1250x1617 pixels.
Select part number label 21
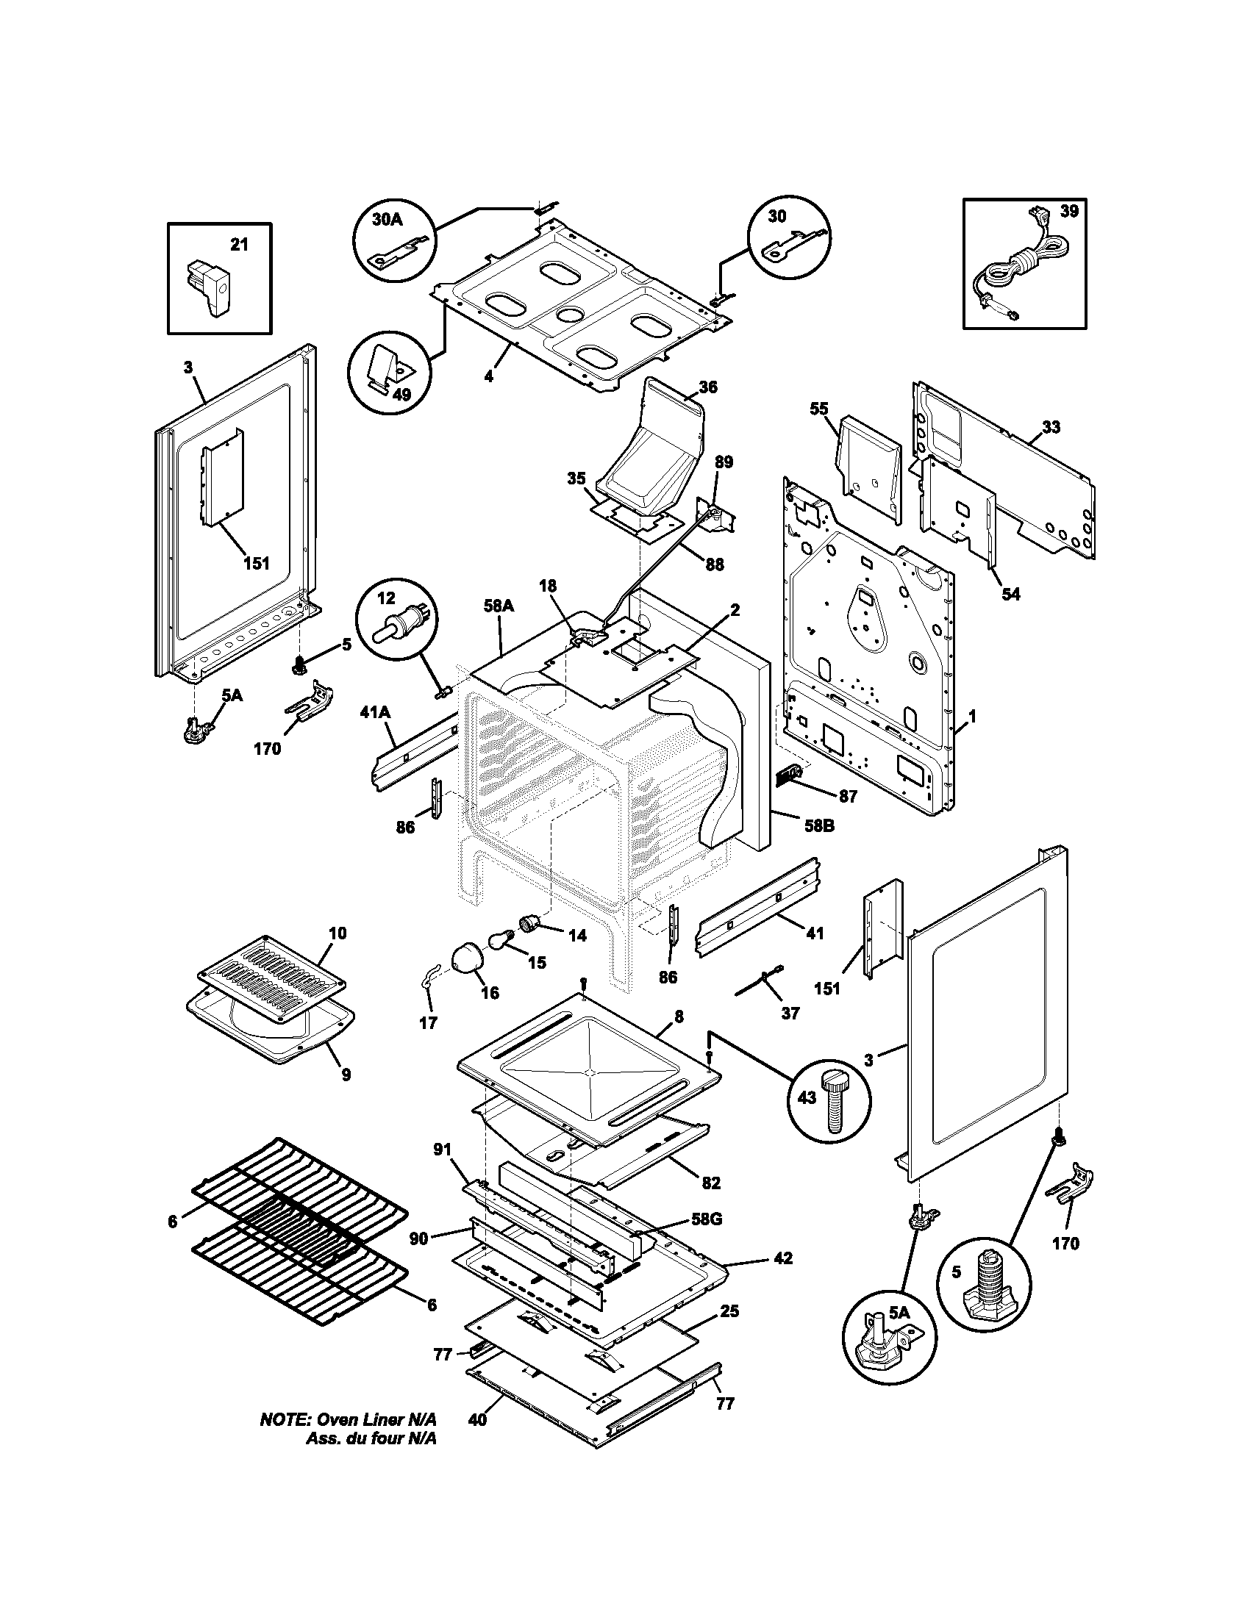coord(238,245)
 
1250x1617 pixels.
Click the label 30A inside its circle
coord(387,219)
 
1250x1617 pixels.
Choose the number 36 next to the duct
coord(708,387)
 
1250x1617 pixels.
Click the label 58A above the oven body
coord(499,606)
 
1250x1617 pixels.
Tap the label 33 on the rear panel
coord(1051,427)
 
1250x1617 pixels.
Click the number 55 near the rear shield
coord(819,409)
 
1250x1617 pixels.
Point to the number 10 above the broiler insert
coord(337,933)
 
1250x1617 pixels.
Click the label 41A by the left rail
coord(375,712)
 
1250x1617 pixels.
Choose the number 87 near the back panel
coord(848,797)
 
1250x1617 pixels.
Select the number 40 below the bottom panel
coord(477,1419)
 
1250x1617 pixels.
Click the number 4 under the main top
coord(489,377)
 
